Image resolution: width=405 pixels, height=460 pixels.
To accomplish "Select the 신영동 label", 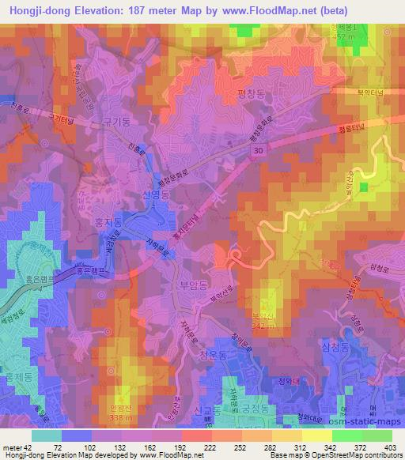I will pos(155,194).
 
